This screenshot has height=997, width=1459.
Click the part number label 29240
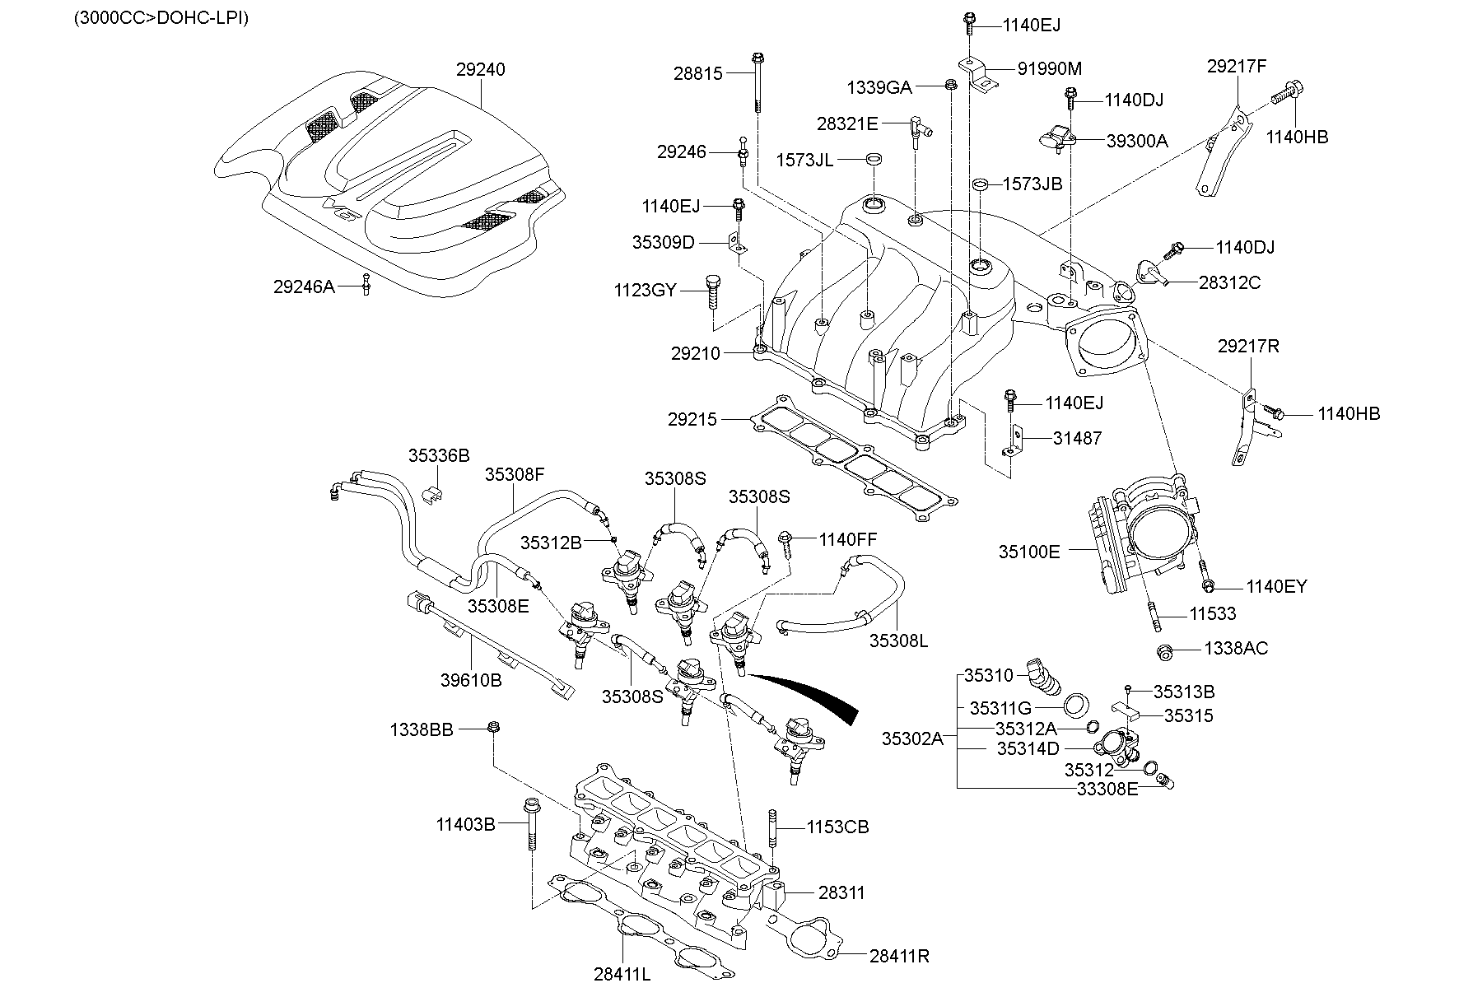480,70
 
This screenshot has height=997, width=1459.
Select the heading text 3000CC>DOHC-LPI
161,17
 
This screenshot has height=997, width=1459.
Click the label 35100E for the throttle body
1029,552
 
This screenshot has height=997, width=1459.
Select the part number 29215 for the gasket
692,420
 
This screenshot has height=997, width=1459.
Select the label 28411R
899,956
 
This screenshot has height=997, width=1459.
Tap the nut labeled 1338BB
493,727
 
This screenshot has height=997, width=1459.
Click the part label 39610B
471,681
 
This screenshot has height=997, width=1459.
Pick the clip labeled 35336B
431,494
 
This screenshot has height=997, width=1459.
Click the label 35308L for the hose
898,641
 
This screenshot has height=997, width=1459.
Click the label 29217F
1237,67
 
